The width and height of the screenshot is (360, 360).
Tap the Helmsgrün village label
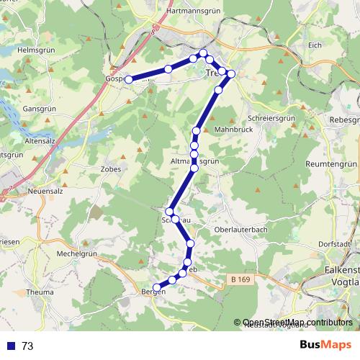pyautogui.click(x=31, y=50)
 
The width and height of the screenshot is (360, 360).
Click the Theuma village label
pyautogui.click(x=39, y=292)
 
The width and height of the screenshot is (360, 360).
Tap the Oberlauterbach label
pyautogui.click(x=242, y=230)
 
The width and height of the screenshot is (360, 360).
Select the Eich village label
pyautogui.click(x=314, y=45)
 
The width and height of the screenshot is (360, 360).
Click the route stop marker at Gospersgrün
pyautogui.click(x=129, y=80)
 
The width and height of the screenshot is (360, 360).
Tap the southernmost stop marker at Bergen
pyautogui.click(x=157, y=289)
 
